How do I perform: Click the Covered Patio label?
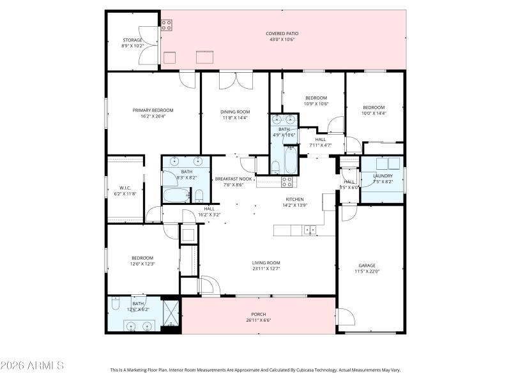coord(282,33)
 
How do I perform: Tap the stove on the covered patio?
coord(166,25)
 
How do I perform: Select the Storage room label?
coord(132,40)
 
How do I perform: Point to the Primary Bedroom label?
coord(153,110)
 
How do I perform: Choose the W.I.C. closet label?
coord(125,187)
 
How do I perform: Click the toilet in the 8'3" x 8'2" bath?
coord(199,195)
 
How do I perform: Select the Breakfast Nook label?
coord(234,179)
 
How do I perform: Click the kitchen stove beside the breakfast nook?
coord(287,181)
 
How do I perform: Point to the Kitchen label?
coord(294,199)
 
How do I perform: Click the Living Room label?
coord(266,262)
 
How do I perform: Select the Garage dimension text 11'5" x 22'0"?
coord(367,271)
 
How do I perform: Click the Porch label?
coord(258,314)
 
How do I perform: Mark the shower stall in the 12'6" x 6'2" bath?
coord(171,312)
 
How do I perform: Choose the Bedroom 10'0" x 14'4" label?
coord(374,107)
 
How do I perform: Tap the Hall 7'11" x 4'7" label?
coord(320,139)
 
